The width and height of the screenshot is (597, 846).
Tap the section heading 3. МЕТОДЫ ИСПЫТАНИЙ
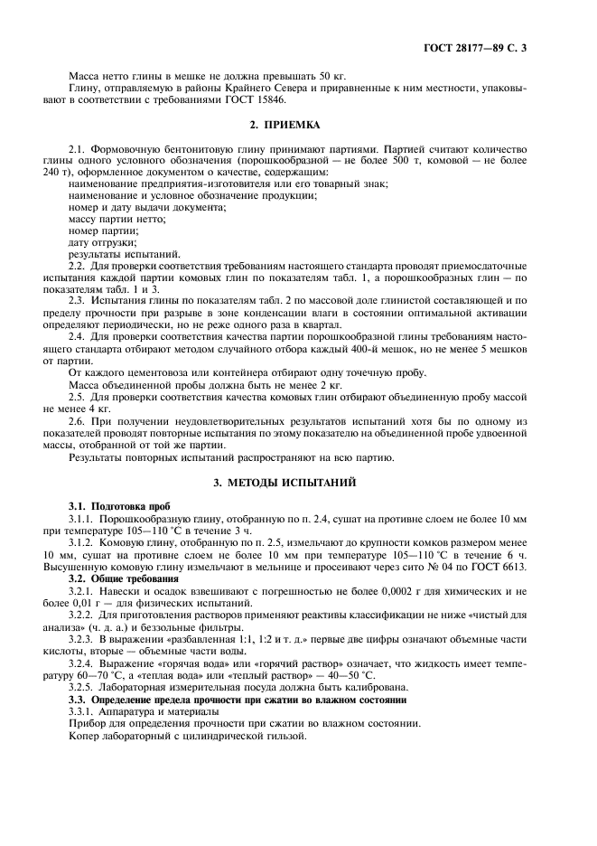(298, 484)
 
